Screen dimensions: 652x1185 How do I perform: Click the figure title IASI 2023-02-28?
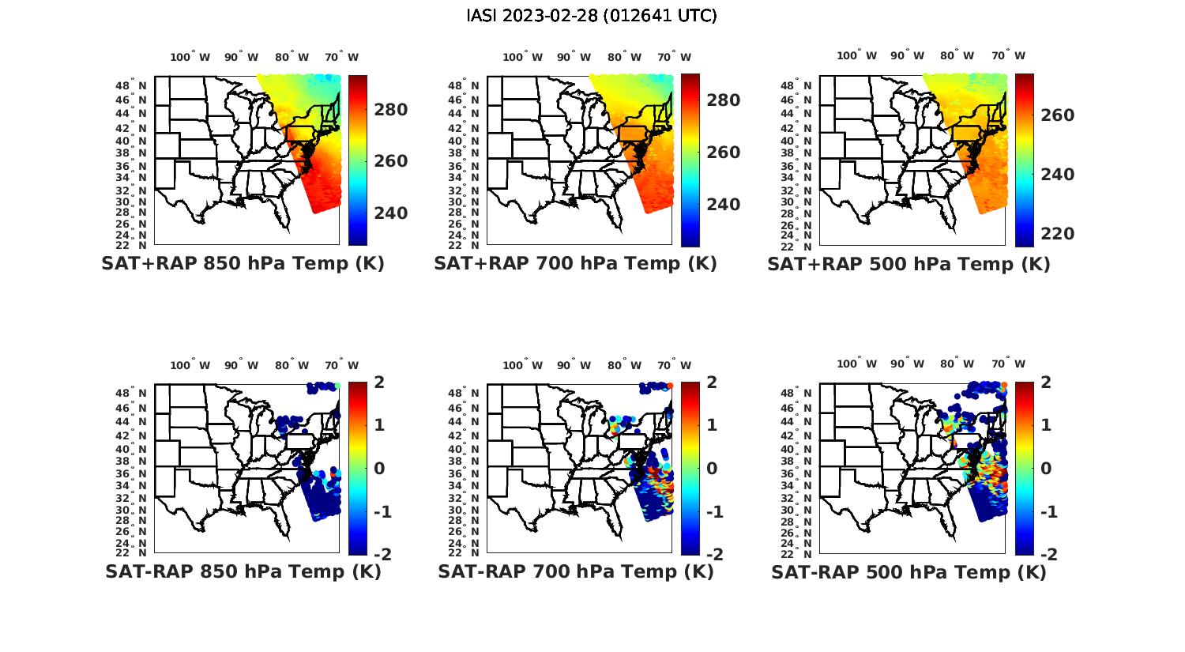[x=592, y=16]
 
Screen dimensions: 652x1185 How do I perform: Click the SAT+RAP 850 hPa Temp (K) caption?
[x=243, y=263]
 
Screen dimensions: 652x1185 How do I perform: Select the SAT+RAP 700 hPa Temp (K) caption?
[x=575, y=263]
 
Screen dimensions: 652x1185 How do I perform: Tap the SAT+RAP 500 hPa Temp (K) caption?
[x=908, y=264]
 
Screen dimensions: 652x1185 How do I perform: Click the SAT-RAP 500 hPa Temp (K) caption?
[x=908, y=571]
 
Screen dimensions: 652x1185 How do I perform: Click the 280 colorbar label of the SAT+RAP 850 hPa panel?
[x=390, y=110]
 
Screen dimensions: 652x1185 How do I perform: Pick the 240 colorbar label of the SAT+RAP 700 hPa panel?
[x=723, y=205]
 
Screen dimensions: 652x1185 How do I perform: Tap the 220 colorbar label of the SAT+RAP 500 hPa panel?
[x=1057, y=234]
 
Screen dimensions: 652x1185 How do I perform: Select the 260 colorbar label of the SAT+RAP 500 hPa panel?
[x=1057, y=115]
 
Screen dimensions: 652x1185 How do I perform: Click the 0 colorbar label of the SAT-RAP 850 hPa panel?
[x=378, y=468]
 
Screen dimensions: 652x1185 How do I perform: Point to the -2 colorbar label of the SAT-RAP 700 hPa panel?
[x=713, y=554]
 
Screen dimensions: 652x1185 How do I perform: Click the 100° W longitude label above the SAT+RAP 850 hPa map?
[x=190, y=57]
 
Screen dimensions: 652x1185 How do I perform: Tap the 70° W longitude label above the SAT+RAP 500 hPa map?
[x=1009, y=55]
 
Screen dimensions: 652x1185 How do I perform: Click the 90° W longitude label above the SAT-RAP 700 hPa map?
[x=574, y=365]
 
